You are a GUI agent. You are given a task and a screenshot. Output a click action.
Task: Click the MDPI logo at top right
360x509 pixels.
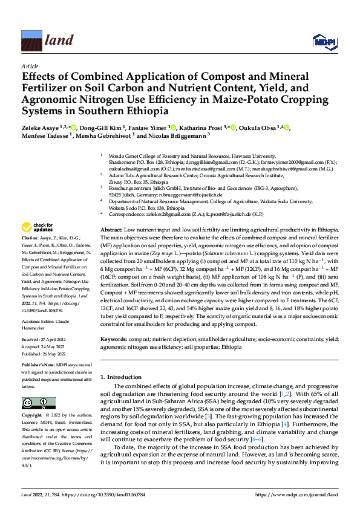pyautogui.click(x=324, y=41)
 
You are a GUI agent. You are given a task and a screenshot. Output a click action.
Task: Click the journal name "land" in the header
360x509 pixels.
pyautogui.click(x=59, y=41)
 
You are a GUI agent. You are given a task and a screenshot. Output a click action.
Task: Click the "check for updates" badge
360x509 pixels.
pyautogui.click(x=37, y=229)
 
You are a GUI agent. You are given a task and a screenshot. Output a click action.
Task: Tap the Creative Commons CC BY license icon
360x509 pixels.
pyautogui.click(x=35, y=403)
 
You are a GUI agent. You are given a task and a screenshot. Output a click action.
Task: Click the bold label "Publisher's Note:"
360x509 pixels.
pyautogui.click(x=38, y=366)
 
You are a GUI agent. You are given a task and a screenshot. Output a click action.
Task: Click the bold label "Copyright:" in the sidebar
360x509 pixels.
pyautogui.click(x=34, y=416)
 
